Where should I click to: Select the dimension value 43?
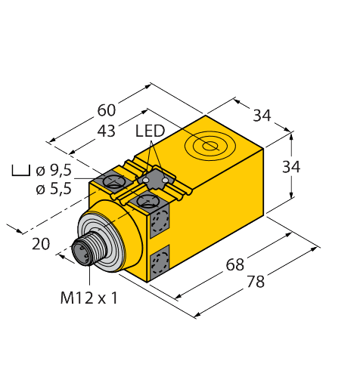(x=107, y=131)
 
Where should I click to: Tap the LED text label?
(x=150, y=131)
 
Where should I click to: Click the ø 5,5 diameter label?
(x=54, y=189)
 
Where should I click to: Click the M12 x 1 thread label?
(x=89, y=298)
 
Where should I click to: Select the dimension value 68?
(x=235, y=266)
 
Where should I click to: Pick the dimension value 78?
(x=256, y=282)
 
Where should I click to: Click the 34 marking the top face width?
(x=262, y=116)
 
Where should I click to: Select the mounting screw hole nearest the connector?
(x=147, y=200)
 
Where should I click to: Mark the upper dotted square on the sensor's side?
(x=160, y=221)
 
